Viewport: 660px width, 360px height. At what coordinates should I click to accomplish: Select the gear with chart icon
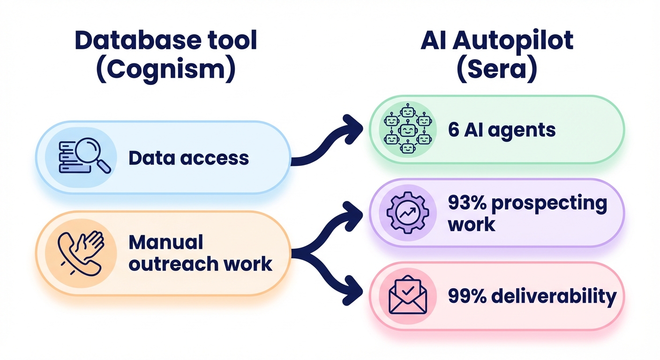407,212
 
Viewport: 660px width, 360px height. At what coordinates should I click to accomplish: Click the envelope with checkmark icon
407,295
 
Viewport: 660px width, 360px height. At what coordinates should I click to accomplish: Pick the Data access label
188,158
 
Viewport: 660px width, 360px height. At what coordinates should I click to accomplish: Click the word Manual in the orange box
165,242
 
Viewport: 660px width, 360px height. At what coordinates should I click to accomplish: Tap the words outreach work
200,264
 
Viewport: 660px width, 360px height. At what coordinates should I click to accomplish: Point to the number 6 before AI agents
454,130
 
